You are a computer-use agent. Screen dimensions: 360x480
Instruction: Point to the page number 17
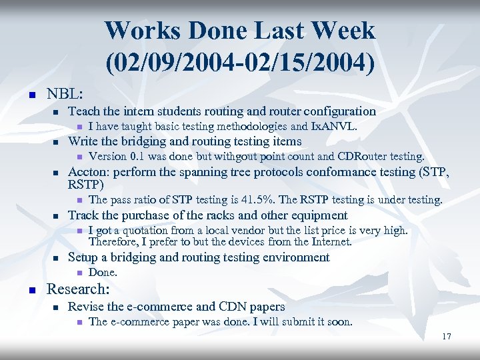[446, 337]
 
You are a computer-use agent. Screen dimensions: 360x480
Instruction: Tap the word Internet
[330, 241]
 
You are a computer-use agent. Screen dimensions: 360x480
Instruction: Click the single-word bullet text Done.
[103, 272]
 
